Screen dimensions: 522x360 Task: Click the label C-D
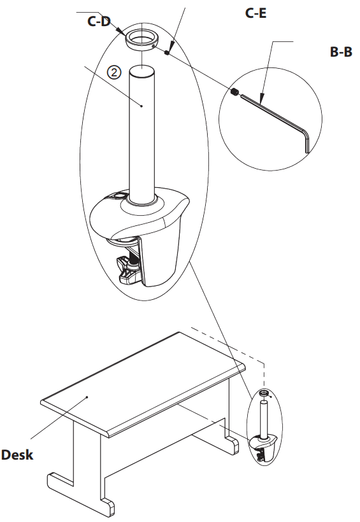99,22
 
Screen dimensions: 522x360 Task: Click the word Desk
17,455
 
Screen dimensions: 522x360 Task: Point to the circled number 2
113,72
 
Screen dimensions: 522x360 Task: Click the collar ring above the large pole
141,39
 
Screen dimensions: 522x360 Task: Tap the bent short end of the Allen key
306,141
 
